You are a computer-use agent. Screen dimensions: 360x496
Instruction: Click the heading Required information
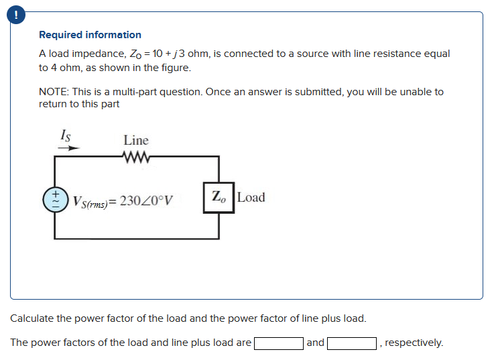90,35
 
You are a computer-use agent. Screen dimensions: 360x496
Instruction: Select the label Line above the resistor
136,140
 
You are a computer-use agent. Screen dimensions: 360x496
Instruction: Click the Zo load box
219,197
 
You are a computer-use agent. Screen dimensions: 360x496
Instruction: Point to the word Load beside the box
251,197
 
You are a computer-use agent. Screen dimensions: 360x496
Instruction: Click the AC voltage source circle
54,198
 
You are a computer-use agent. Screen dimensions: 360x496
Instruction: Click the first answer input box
278,343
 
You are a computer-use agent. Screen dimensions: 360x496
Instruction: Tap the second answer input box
352,343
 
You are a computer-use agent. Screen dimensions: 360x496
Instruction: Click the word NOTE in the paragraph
54,92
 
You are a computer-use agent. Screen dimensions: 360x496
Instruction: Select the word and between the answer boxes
315,343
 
